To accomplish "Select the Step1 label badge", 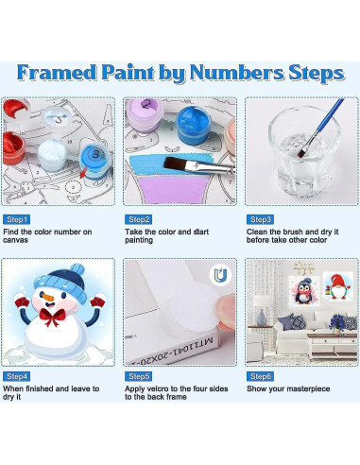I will coord(17,219).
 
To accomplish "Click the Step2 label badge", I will coord(139,219).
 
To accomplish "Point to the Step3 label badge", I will coord(261,219).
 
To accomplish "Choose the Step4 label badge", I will coord(17,376).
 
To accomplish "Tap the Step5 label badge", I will coord(139,376).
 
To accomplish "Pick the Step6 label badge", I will coord(261,376).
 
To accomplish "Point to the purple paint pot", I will coord(146,123).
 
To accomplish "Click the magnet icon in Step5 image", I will coord(219,273).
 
